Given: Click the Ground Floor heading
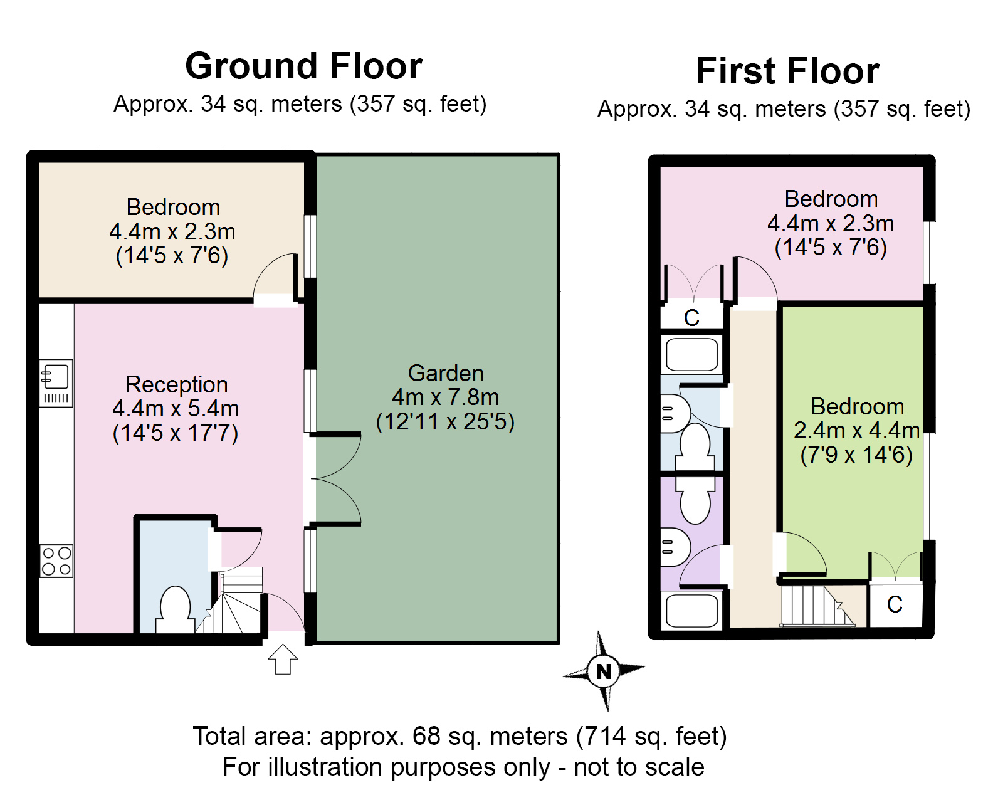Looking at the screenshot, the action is (x=303, y=66).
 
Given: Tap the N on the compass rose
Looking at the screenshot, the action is (x=604, y=671).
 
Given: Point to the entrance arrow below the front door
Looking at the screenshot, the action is (x=283, y=659).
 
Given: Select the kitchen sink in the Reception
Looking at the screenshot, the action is (x=56, y=383).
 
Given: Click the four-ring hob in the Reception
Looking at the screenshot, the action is (x=56, y=561).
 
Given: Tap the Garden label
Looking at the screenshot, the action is (x=446, y=373).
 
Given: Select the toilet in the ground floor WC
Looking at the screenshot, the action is (x=175, y=610).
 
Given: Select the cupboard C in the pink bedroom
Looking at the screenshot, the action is (x=691, y=317).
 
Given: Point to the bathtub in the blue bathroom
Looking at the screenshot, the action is (x=691, y=354).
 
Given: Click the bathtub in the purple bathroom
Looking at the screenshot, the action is (x=691, y=610).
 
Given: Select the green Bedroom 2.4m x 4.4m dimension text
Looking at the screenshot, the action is (x=857, y=431).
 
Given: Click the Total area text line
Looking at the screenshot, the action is (x=460, y=736).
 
